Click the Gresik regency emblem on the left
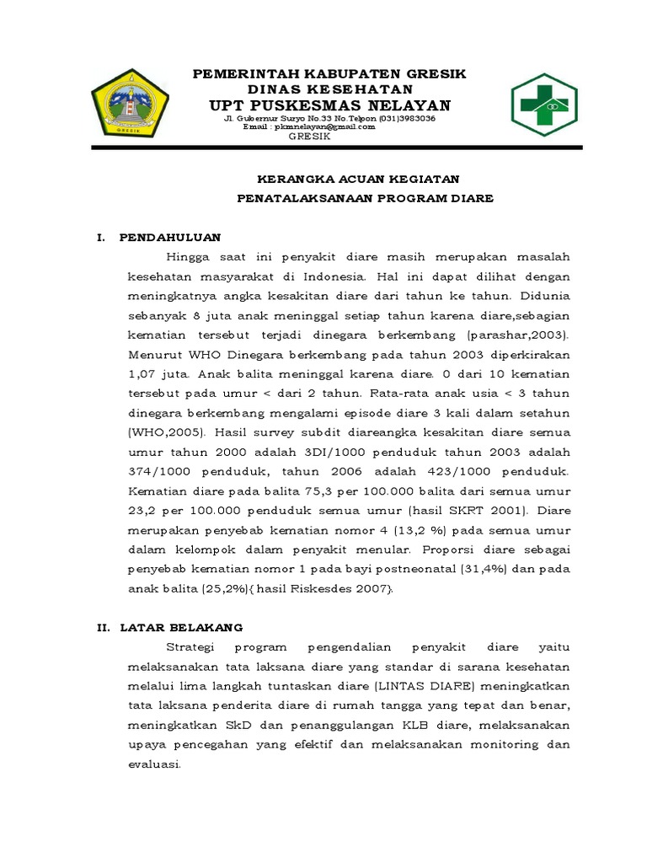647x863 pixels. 130,106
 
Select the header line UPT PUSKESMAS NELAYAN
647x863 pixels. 329,105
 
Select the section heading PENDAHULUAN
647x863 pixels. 170,238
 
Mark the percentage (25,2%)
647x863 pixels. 200,589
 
